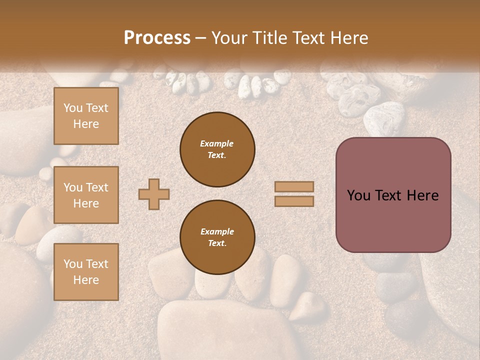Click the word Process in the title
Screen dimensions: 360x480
[157, 38]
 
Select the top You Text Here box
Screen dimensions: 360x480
[86, 116]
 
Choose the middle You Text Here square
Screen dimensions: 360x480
[86, 195]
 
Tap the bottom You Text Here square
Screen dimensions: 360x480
[86, 271]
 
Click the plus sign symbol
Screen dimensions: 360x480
[154, 194]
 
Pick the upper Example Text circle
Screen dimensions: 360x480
[217, 149]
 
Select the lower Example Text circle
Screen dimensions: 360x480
[217, 237]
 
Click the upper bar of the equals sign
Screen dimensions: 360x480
[294, 187]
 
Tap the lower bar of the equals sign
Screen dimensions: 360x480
[294, 201]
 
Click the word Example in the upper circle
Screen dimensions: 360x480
[217, 143]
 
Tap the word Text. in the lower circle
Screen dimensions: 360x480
[217, 243]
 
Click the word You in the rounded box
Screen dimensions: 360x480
[358, 195]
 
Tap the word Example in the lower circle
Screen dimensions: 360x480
[217, 231]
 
